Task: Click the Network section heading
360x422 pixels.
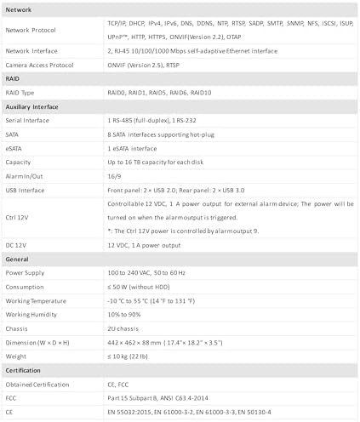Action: (20, 8)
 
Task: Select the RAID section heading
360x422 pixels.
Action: (14, 78)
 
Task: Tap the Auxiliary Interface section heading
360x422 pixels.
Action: (36, 106)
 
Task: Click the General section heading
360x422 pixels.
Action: (19, 259)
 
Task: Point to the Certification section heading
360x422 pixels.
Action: (26, 370)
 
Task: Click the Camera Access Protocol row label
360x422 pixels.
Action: (42, 64)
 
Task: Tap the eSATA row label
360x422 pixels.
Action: (16, 147)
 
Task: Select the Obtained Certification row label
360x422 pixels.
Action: (37, 384)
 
